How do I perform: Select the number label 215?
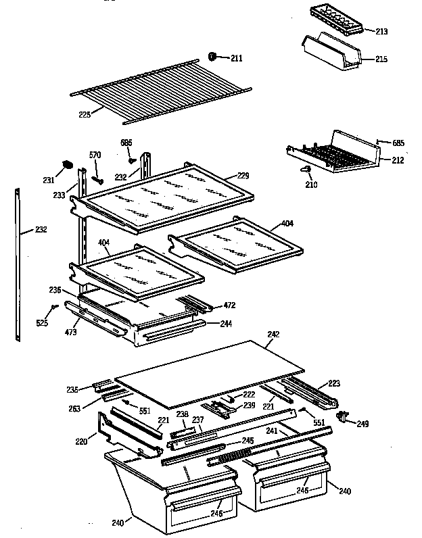(381, 60)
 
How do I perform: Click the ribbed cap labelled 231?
(67, 164)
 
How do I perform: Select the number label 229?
(243, 176)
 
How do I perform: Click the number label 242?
(273, 334)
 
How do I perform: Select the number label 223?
(333, 383)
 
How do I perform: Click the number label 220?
(81, 443)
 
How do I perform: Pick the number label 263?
(74, 408)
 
